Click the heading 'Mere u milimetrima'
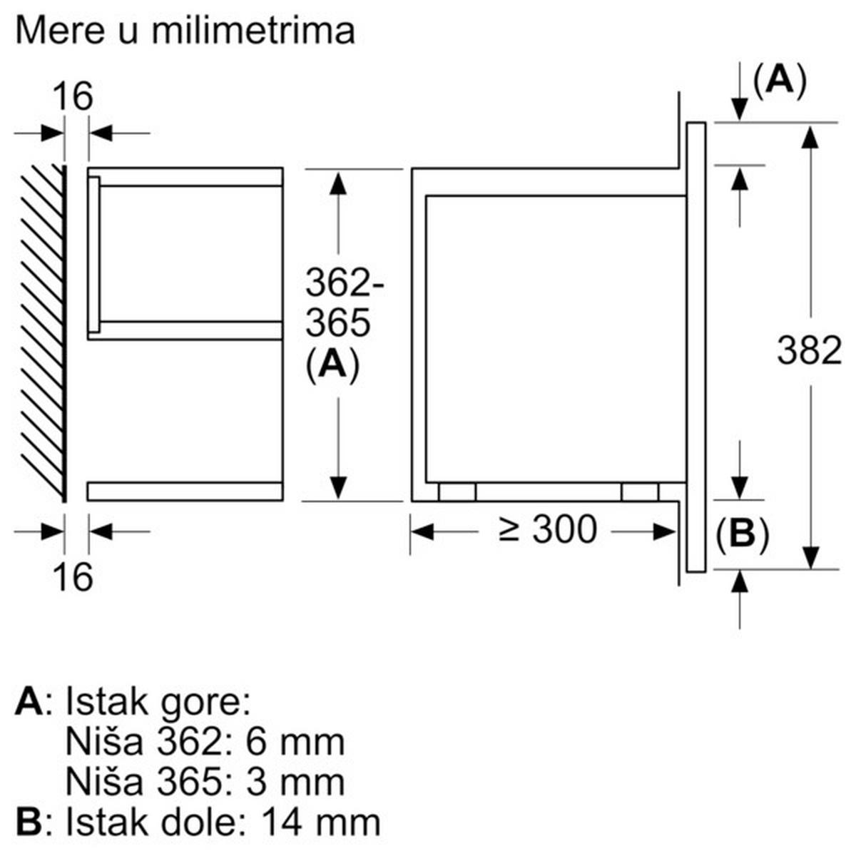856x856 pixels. [x=184, y=31]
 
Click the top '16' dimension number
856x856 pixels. [x=73, y=96]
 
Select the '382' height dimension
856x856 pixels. [x=809, y=351]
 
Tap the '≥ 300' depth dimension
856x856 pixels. [x=547, y=530]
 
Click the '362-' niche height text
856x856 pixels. [x=345, y=283]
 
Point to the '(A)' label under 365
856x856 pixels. [x=332, y=365]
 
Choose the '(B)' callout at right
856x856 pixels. [x=742, y=534]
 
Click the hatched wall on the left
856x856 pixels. [x=43, y=332]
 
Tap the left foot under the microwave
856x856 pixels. [x=457, y=492]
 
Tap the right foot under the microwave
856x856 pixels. [x=640, y=492]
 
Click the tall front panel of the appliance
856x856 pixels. [x=695, y=347]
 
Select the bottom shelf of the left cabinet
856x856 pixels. [x=185, y=491]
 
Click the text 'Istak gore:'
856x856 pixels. [x=158, y=703]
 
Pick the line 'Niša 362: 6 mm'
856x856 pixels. [x=205, y=742]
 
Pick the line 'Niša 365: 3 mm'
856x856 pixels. [x=205, y=782]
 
